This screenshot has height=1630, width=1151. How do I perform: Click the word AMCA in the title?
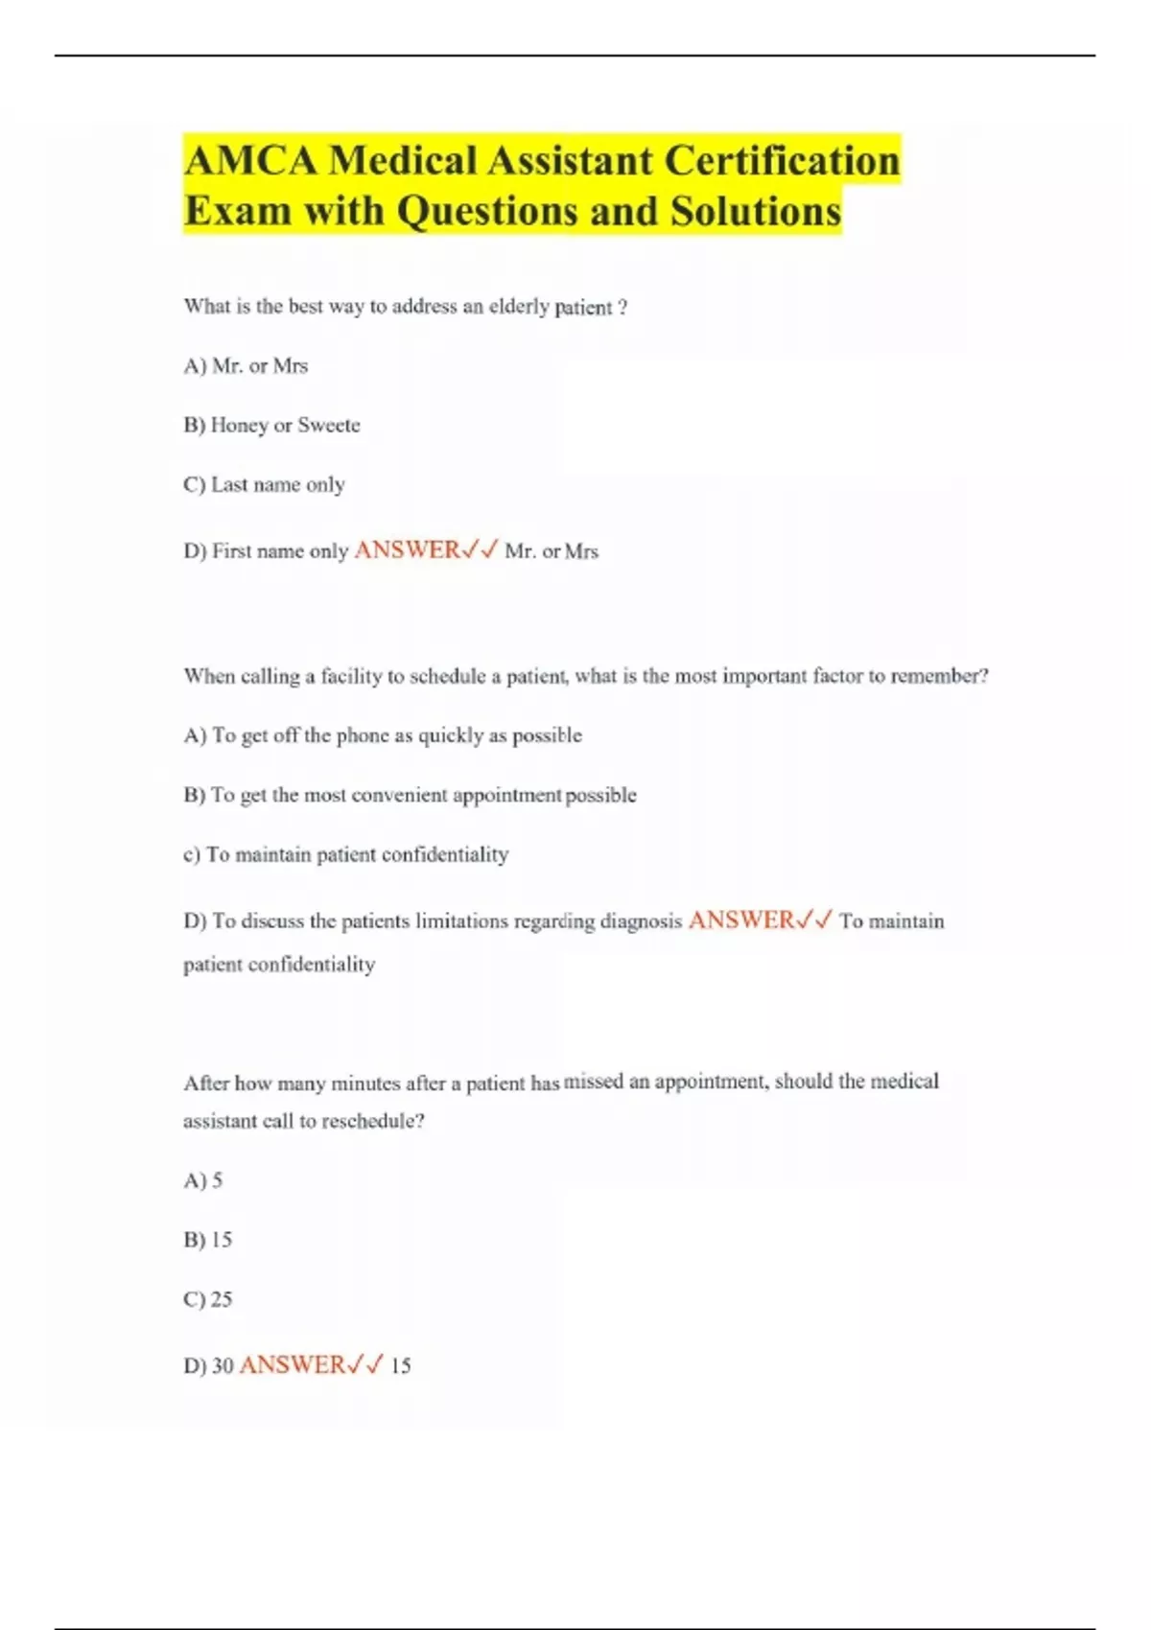point(250,161)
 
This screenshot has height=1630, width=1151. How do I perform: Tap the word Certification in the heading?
point(782,161)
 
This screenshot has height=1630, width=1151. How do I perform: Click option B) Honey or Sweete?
point(271,426)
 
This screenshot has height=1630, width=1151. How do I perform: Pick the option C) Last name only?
point(264,485)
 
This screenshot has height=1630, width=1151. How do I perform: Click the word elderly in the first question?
point(519,307)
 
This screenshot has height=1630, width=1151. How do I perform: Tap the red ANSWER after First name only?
point(408,550)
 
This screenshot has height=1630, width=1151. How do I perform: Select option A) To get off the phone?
point(383,735)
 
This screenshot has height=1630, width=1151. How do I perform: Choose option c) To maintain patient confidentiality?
point(345,854)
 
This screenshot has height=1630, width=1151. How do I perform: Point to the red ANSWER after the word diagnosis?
point(741,920)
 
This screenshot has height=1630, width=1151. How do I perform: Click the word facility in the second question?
point(351,676)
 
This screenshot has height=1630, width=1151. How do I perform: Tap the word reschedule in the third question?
point(368,1121)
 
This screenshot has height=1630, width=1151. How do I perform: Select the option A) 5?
point(203,1180)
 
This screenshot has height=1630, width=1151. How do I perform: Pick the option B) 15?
point(208,1240)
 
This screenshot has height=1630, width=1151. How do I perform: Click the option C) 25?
point(208,1299)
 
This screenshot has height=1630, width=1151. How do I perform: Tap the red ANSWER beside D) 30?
point(292,1364)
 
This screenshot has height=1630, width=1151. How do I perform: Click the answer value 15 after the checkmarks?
point(401,1365)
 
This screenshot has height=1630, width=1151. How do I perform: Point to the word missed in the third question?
point(593,1082)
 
